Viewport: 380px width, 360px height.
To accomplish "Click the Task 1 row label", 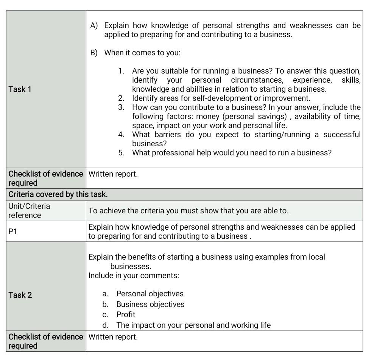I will click(x=20, y=89).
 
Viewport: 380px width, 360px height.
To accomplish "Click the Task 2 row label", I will click(x=20, y=295).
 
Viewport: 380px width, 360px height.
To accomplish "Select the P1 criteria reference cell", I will click(x=13, y=232).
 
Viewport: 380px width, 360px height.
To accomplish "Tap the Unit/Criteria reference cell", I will click(x=29, y=211).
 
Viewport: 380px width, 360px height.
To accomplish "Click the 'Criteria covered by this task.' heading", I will click(x=58, y=194).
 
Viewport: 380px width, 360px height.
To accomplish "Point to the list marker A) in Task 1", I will click(x=94, y=25).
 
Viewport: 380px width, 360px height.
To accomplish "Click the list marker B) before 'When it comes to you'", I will click(x=94, y=53).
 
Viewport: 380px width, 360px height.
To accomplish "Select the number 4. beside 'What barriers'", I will click(x=121, y=135).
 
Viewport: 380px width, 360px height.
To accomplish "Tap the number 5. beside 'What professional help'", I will click(x=121, y=153).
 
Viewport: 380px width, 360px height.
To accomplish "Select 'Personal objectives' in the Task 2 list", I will click(x=150, y=294).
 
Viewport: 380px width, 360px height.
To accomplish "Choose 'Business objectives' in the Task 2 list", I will click(x=150, y=304).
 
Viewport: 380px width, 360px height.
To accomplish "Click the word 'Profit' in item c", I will click(x=126, y=315).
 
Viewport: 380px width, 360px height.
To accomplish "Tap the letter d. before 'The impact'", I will click(x=106, y=325).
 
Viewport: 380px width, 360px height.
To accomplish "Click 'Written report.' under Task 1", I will click(x=113, y=174).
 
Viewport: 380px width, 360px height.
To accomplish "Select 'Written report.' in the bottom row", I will click(x=113, y=337).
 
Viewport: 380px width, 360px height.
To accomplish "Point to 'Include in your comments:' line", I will click(x=134, y=275).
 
